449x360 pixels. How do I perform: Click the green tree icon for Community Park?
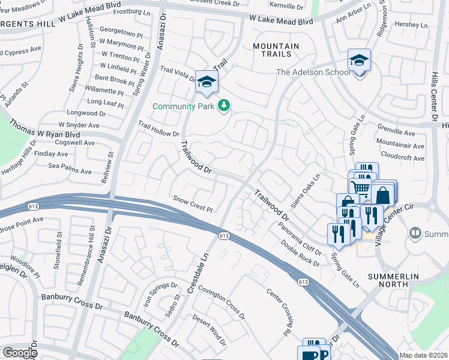(224, 106)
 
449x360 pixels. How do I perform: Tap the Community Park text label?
(183, 106)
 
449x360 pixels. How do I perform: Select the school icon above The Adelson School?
(359, 61)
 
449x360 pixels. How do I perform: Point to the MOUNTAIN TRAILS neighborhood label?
(276, 51)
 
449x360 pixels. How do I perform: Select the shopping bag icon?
(382, 196)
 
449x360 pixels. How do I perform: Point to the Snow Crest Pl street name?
(193, 203)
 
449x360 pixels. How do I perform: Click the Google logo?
(20, 353)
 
